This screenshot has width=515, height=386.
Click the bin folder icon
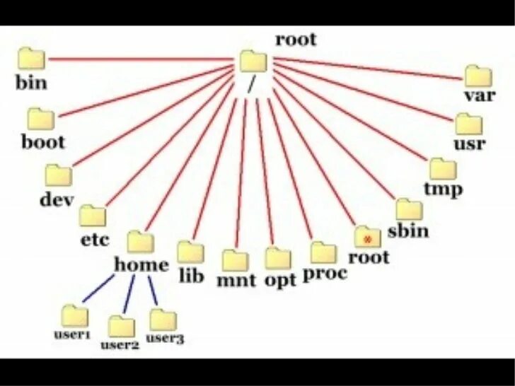(x=31, y=59)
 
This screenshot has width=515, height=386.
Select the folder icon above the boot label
(x=42, y=119)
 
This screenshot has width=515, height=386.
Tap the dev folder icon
(x=59, y=175)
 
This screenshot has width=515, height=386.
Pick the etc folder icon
(x=93, y=216)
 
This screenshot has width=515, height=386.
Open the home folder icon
(x=140, y=242)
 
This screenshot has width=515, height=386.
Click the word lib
(x=191, y=276)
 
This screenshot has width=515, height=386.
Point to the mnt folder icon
(x=234, y=260)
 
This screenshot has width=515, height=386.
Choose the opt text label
(x=279, y=280)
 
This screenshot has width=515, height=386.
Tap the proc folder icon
(x=323, y=252)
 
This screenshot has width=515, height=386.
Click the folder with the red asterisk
(x=367, y=237)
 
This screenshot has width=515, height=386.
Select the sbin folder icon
(x=408, y=210)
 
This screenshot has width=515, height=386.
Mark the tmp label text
(x=443, y=189)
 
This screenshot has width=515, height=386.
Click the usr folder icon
(x=468, y=124)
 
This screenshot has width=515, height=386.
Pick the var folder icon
(x=478, y=76)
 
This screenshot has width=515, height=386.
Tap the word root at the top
(x=296, y=39)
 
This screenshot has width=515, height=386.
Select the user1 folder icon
(x=74, y=315)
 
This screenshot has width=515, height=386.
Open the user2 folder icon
(x=122, y=326)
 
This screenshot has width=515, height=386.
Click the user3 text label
(x=165, y=339)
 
